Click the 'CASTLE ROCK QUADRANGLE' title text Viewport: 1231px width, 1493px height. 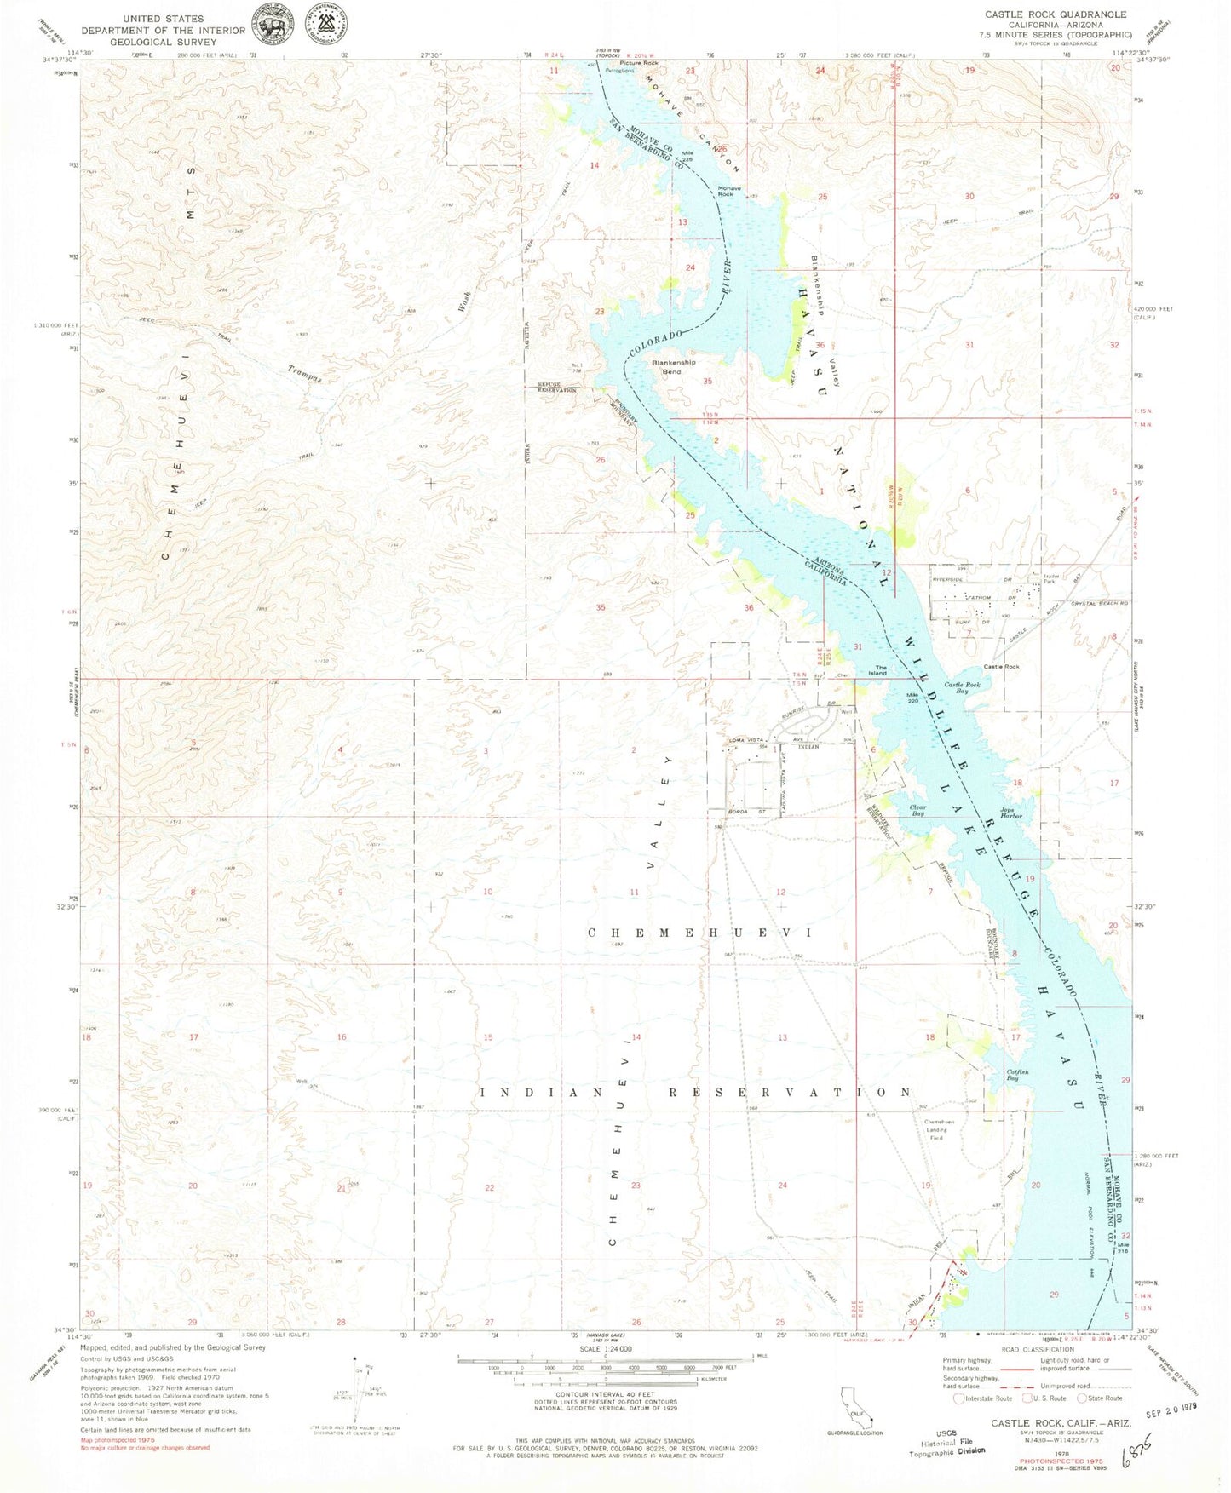[1055, 14]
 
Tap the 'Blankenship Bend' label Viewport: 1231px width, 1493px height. [673, 367]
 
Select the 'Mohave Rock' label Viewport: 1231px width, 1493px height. [728, 191]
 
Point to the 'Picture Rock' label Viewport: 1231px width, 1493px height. [639, 63]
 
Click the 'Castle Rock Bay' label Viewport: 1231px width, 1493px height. [961, 687]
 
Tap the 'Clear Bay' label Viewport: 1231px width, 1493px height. [917, 810]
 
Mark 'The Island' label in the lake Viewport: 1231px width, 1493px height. [877, 670]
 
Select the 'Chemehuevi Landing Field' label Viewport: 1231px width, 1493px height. [939, 1129]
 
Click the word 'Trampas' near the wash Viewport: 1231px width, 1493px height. [304, 374]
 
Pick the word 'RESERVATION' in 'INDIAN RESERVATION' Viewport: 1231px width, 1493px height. [789, 1092]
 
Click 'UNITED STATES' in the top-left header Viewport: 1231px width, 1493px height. [163, 18]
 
